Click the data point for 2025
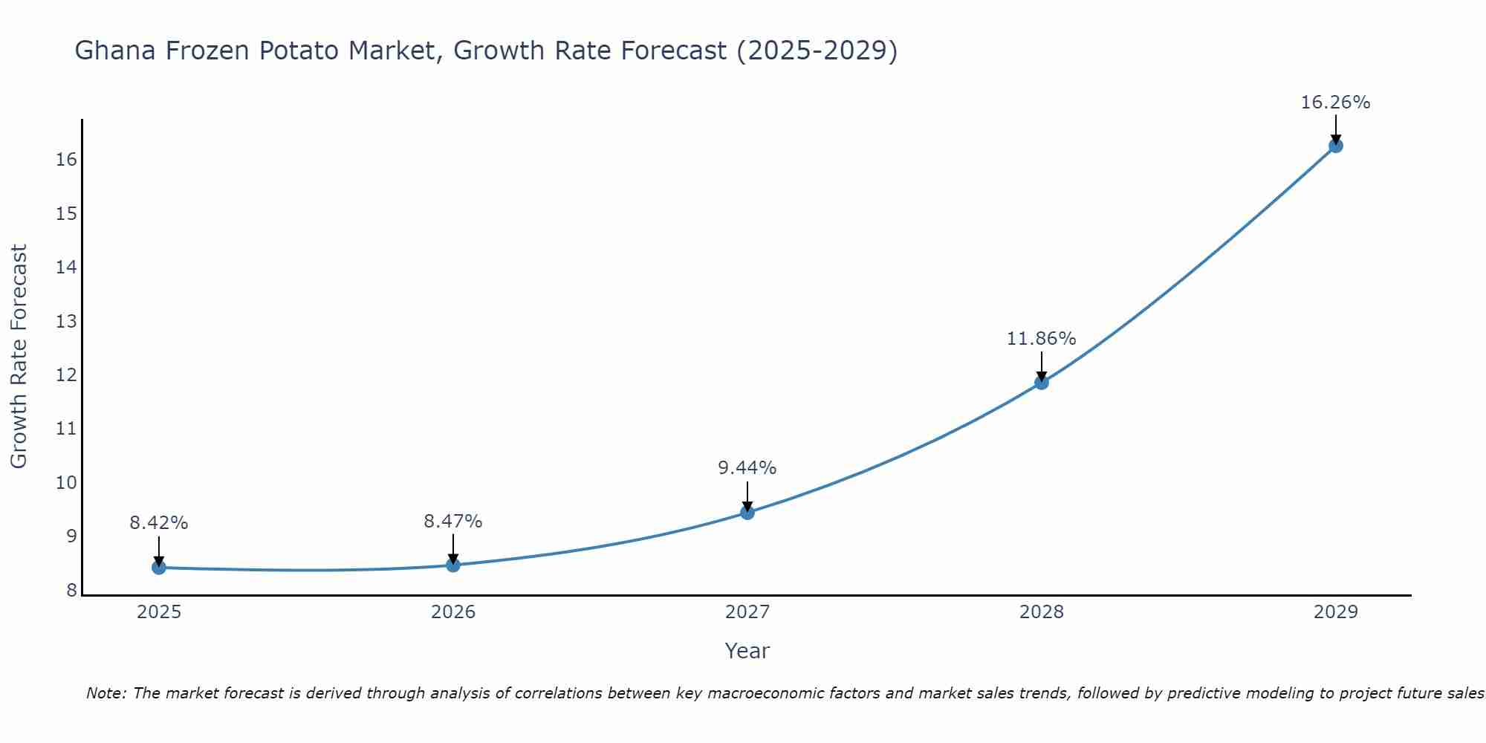pos(159,568)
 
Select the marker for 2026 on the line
pos(453,565)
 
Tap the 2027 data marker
pos(747,513)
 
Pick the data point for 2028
pos(1042,383)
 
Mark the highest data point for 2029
pos(1336,146)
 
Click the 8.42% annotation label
pos(159,523)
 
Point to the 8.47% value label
pos(453,522)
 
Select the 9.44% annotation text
pos(747,468)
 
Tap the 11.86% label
pos(1042,339)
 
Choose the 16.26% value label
pos(1336,103)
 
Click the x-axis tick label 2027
pos(747,612)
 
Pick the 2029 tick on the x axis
pos(1336,612)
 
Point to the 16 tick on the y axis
pos(67,160)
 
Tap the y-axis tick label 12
pos(67,375)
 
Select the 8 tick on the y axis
pos(72,591)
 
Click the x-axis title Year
pos(747,651)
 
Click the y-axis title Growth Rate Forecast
pos(19,357)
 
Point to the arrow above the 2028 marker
pos(1042,366)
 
